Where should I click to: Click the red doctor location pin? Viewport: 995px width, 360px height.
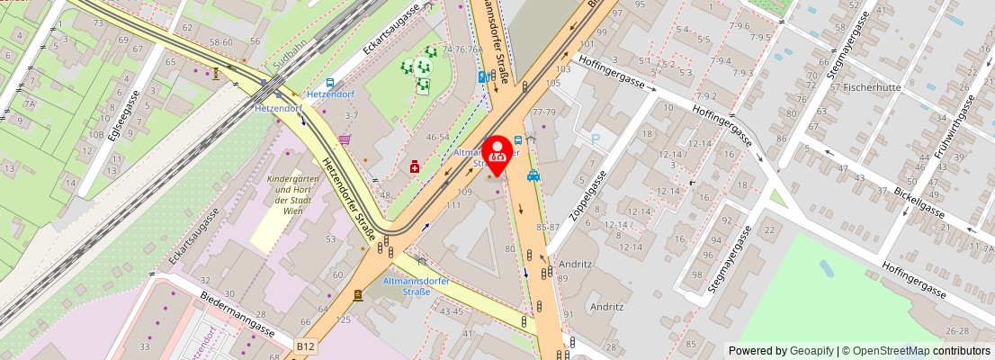click(x=496, y=151)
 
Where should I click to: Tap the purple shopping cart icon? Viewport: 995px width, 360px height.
click(x=345, y=139)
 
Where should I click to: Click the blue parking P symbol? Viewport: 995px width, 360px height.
click(x=595, y=139)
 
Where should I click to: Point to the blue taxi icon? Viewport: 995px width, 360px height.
click(x=533, y=176)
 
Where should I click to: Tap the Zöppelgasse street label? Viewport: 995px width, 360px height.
click(x=586, y=196)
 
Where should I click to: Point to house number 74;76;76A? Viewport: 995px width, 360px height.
click(x=462, y=49)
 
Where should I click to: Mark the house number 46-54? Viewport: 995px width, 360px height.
click(x=437, y=137)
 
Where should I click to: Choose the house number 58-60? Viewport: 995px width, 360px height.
click(x=220, y=42)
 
